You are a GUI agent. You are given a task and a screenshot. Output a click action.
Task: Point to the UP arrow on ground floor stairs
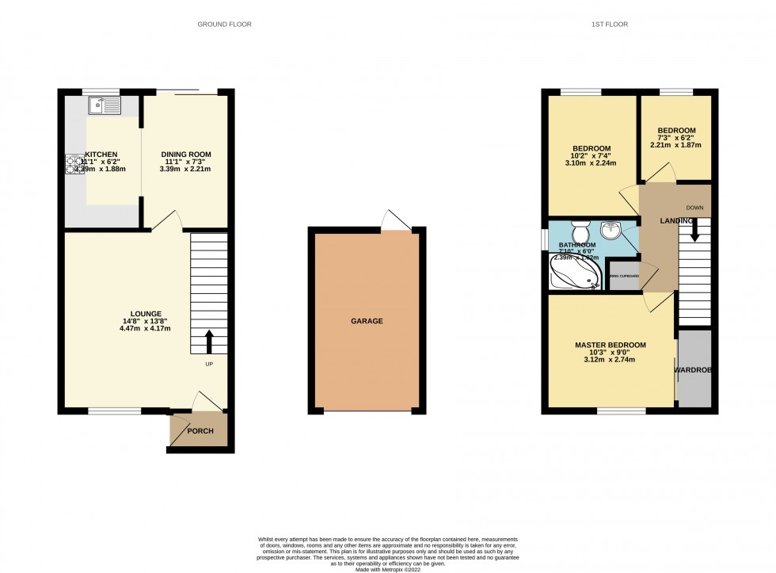[209, 342]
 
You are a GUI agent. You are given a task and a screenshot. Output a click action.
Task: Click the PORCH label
[200, 431]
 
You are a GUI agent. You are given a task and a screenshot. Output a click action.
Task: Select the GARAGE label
[367, 321]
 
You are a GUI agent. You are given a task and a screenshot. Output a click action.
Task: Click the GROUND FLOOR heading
[225, 25]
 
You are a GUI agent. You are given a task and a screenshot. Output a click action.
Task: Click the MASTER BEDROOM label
[610, 345]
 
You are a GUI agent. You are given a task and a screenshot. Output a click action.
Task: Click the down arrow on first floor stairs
[694, 231]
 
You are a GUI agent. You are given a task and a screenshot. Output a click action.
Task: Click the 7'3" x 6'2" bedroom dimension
[675, 140]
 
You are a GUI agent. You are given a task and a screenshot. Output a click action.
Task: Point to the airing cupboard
[624, 277]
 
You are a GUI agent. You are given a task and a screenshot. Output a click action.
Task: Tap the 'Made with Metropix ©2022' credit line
[387, 568]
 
